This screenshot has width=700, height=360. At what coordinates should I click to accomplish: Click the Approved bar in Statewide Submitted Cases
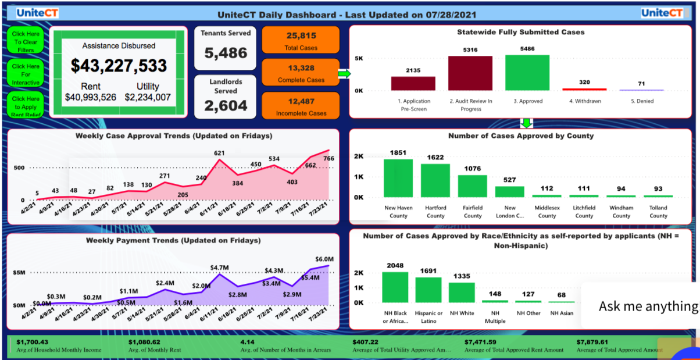(x=527, y=73)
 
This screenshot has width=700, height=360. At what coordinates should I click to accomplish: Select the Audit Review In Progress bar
(x=470, y=73)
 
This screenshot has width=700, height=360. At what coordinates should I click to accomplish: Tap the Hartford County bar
(x=435, y=180)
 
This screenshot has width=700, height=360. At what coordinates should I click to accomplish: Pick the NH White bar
(x=462, y=292)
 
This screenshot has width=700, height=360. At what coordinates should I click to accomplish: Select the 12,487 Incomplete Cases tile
(x=301, y=106)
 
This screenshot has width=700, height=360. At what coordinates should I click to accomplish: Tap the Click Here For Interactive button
(x=26, y=74)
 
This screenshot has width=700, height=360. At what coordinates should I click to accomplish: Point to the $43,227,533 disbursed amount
(x=119, y=65)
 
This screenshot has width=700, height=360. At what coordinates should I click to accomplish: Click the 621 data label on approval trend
(x=219, y=154)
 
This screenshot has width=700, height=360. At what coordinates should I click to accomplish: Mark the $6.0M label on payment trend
(x=324, y=259)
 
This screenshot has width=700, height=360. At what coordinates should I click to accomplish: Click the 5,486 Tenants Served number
(x=226, y=54)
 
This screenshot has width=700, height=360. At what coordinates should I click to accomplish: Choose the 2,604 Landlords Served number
(x=226, y=106)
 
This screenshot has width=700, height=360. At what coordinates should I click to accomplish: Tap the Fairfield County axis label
(x=473, y=212)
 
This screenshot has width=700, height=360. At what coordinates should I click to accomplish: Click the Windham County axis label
(x=621, y=212)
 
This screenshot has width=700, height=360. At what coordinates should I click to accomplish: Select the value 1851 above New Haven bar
(x=398, y=152)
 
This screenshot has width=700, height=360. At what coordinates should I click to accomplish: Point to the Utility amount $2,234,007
(x=148, y=97)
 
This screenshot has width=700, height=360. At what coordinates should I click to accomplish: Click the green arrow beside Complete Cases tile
(x=344, y=74)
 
